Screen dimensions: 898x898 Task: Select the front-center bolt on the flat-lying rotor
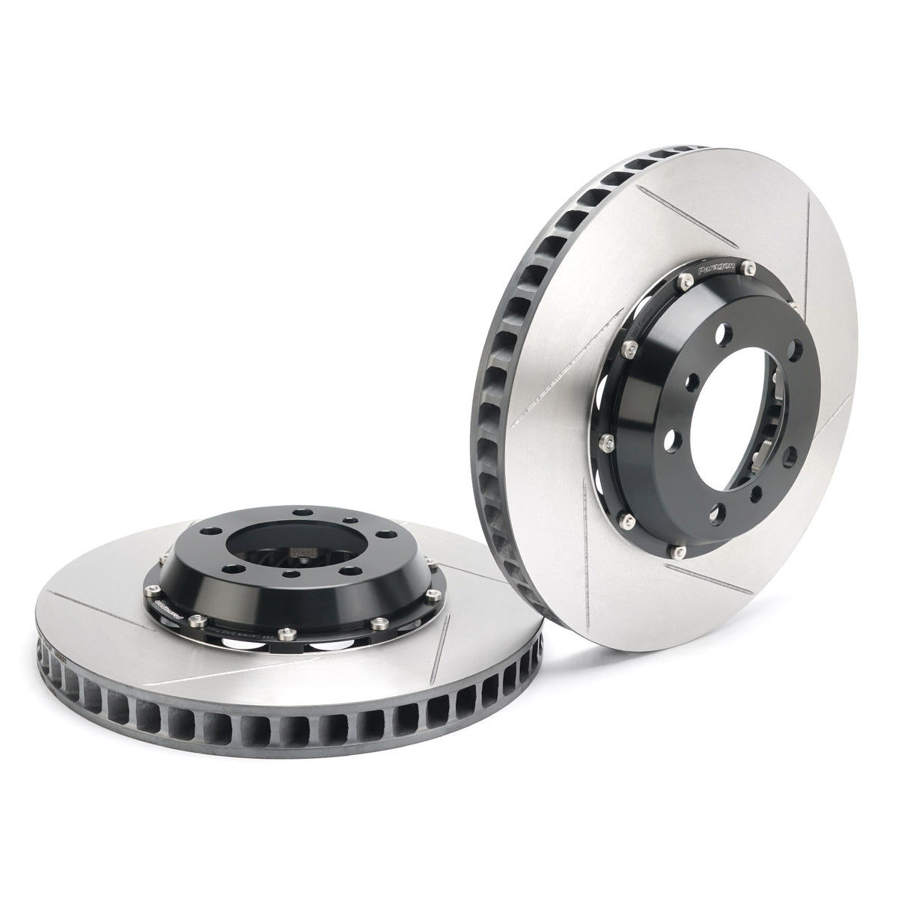pos(284,634)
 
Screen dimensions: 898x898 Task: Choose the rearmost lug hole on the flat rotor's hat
pos(302,513)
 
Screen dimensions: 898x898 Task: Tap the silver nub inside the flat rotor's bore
pos(303,555)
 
